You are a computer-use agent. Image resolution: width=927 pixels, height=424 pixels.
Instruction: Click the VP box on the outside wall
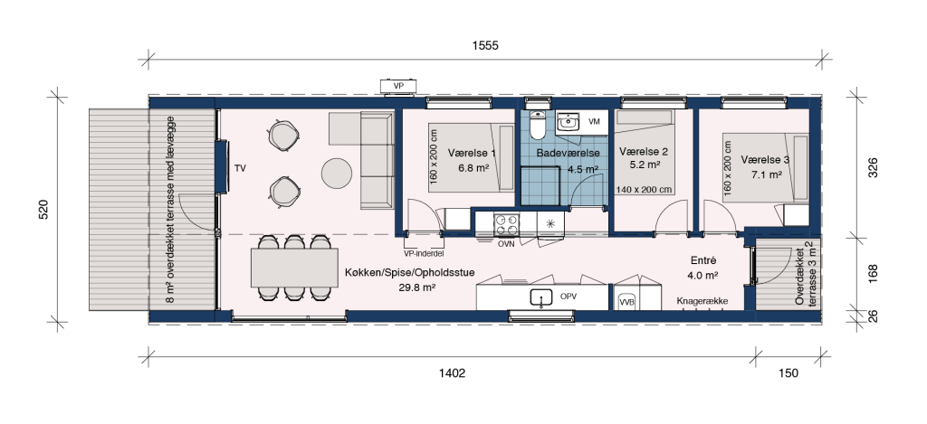point(399,86)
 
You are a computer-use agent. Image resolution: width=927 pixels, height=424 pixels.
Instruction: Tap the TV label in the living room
point(240,168)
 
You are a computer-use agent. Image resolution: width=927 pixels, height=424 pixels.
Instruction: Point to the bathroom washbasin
point(569,123)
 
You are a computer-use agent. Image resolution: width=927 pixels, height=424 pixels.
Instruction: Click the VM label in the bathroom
point(595,122)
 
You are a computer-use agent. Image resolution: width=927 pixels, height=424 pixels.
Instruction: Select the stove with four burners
point(507,224)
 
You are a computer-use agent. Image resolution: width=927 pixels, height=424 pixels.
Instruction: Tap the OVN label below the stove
point(506,243)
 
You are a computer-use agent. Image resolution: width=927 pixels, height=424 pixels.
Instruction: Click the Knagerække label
point(702,301)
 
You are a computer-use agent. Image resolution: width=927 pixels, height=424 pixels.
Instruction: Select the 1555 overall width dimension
point(485,45)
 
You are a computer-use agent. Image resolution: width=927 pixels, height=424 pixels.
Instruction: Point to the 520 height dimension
point(43,211)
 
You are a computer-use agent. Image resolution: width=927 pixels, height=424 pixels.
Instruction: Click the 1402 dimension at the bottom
point(453,373)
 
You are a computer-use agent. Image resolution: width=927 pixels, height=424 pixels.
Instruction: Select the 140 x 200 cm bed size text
point(644,190)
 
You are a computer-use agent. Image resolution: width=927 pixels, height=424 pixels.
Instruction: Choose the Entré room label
point(702,260)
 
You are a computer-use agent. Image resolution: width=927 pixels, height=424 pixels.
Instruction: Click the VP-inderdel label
point(424,253)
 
